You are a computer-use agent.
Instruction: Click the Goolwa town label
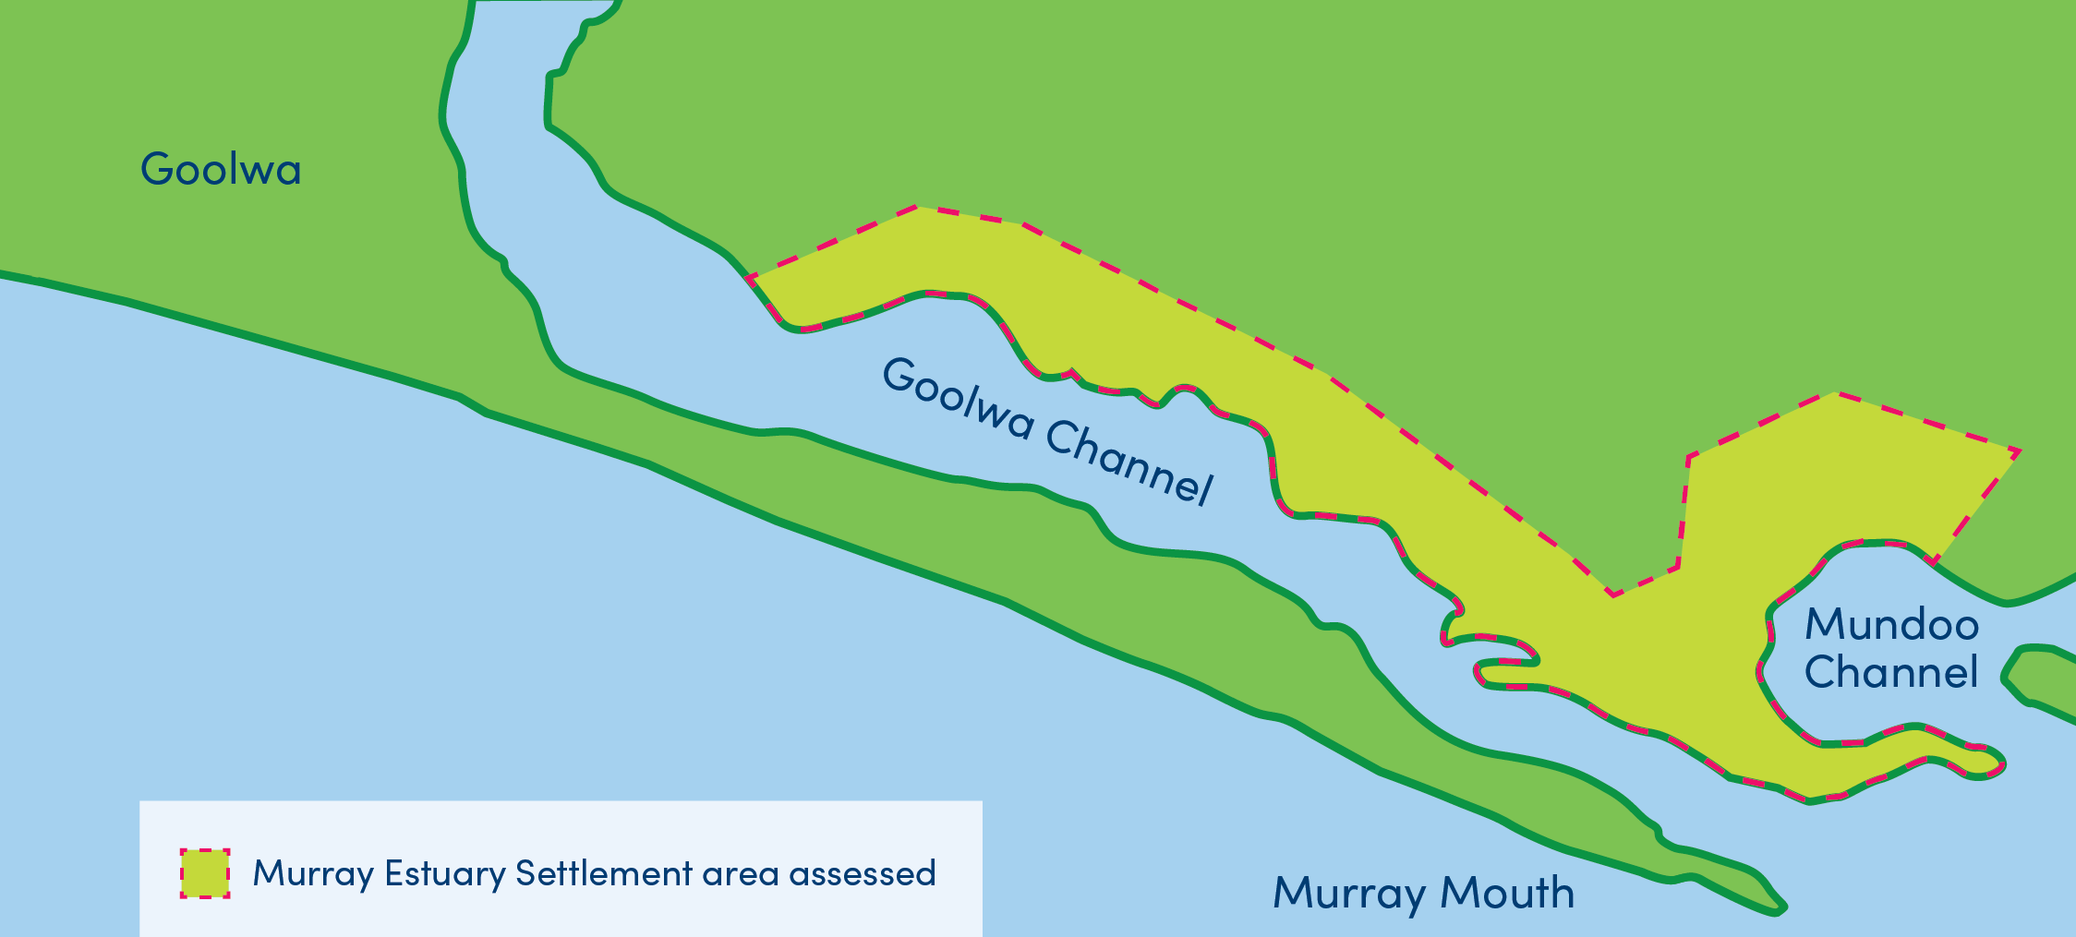coord(221,169)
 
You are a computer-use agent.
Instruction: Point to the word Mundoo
coord(1891,625)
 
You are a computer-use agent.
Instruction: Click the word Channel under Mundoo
coord(1890,673)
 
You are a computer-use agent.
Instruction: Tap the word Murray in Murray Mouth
coord(1349,894)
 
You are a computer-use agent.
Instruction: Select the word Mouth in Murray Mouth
coord(1507,893)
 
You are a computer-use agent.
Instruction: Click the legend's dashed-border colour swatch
coord(205,873)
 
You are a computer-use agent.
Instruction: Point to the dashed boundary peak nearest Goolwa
coord(918,207)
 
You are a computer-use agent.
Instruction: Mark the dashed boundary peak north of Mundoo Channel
coord(1835,393)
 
